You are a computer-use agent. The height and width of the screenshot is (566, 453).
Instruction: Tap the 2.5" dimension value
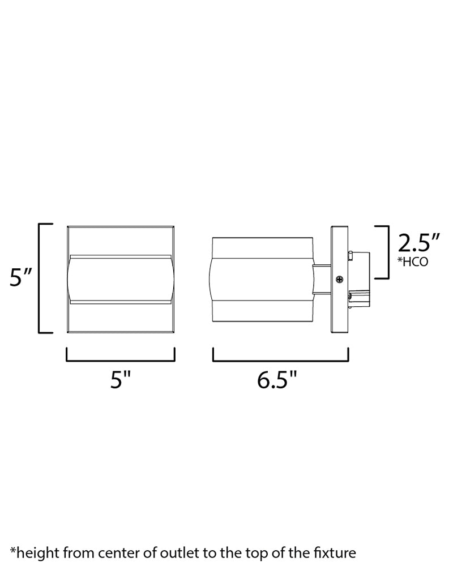(x=418, y=243)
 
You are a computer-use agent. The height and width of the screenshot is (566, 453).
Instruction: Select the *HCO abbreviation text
(x=413, y=261)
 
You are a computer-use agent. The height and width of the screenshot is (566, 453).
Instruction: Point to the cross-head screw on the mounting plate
(x=340, y=279)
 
